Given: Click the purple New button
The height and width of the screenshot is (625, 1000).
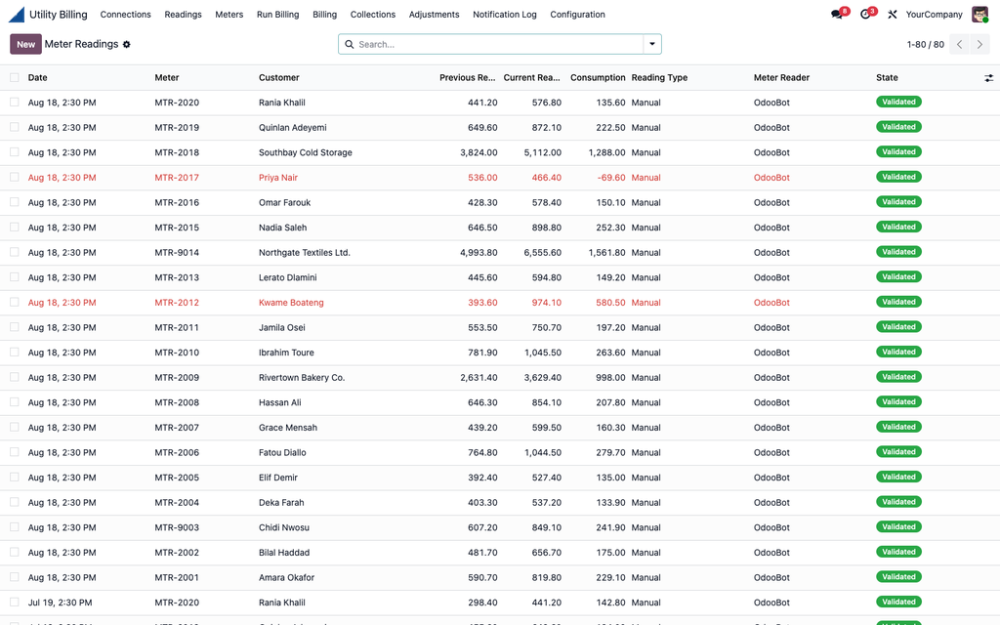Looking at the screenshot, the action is [x=25, y=44].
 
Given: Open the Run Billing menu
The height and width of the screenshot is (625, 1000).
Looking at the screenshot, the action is [x=277, y=14].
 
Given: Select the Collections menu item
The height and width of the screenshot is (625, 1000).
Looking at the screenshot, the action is [x=372, y=14].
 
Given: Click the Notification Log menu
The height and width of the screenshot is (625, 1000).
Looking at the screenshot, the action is [x=505, y=14].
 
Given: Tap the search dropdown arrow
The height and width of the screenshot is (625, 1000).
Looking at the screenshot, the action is [x=651, y=44].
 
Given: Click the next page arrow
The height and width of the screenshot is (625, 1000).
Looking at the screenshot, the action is [x=979, y=44].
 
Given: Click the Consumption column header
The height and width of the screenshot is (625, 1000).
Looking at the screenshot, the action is [x=598, y=78].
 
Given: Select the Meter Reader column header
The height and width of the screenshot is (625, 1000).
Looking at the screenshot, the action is [x=781, y=78].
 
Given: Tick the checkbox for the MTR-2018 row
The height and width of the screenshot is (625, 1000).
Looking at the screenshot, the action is [x=14, y=152].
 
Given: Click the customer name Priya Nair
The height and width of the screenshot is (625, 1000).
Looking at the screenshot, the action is [x=278, y=178].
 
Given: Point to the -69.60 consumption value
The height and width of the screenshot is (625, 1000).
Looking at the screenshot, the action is [x=611, y=178].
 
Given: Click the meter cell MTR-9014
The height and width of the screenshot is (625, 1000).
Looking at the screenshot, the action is [x=177, y=253].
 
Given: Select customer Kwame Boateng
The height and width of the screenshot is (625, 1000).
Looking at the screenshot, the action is [x=291, y=303].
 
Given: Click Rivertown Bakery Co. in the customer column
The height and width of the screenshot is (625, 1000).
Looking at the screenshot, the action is [x=302, y=378].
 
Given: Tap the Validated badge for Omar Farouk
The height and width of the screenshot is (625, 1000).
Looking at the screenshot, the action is [x=898, y=202].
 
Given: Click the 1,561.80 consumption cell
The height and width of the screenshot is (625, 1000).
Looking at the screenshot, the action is [x=606, y=253].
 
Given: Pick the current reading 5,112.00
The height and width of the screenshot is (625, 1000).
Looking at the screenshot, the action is [x=543, y=152].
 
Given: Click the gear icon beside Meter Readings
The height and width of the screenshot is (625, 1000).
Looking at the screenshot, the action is [x=126, y=45].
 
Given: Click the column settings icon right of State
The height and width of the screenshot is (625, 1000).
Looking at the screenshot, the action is [x=988, y=78].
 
